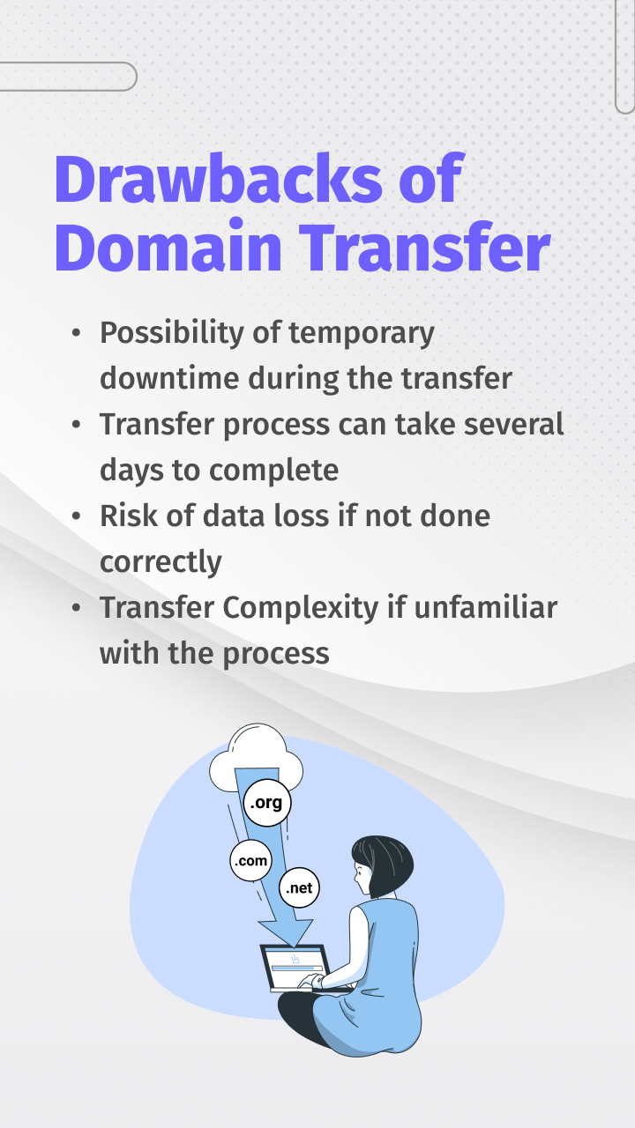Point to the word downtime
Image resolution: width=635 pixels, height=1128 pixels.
(169, 378)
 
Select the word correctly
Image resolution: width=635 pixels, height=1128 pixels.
(161, 561)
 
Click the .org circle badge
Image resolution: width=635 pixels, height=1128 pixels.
(266, 804)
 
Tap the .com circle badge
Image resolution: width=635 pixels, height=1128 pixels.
(250, 860)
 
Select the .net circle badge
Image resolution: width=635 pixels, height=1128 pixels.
(299, 888)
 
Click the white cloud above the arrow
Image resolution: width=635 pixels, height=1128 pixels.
(256, 758)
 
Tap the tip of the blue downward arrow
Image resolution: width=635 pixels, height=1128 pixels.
(285, 940)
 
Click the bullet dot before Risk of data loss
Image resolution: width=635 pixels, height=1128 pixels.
(78, 516)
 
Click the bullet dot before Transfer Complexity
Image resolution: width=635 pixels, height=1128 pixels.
(78, 608)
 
